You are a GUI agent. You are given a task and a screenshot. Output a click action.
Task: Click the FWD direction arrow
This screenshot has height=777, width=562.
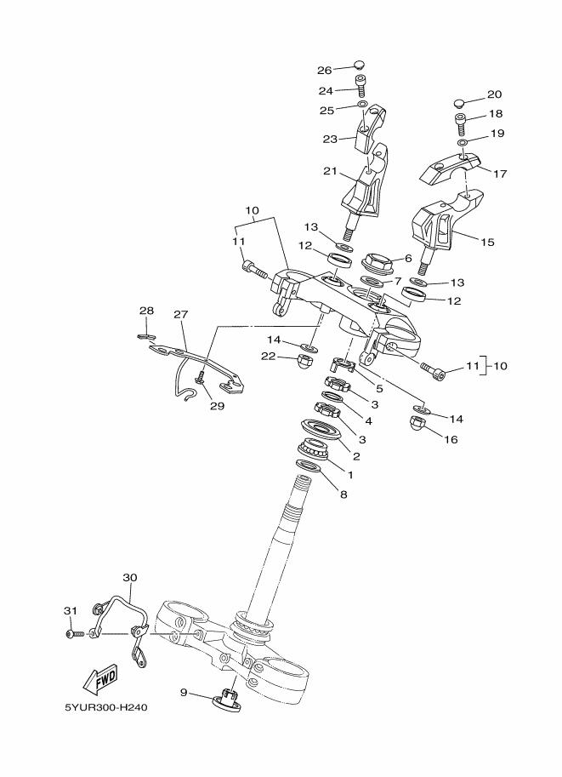pos(99,679)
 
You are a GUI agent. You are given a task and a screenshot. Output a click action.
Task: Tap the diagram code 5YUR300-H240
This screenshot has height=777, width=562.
pos(106,707)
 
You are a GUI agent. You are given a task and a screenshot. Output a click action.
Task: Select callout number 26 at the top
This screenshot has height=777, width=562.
pos(324,71)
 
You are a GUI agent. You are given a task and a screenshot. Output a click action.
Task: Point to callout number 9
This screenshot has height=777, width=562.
pos(183,692)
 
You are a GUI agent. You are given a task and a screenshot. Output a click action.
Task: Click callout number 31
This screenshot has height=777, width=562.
pos(71,610)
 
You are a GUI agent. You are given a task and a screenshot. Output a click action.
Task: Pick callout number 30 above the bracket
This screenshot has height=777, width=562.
pos(130,577)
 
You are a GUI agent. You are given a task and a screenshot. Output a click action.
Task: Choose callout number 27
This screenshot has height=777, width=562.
pos(181,314)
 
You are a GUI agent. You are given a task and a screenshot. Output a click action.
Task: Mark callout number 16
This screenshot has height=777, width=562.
pos(451,439)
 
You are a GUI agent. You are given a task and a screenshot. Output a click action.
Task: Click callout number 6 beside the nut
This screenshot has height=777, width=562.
pos(408,258)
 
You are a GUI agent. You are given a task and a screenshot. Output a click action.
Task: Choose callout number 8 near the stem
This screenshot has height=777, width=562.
pos(343,494)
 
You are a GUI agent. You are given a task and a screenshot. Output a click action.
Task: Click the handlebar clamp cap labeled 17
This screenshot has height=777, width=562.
pos(451,168)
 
